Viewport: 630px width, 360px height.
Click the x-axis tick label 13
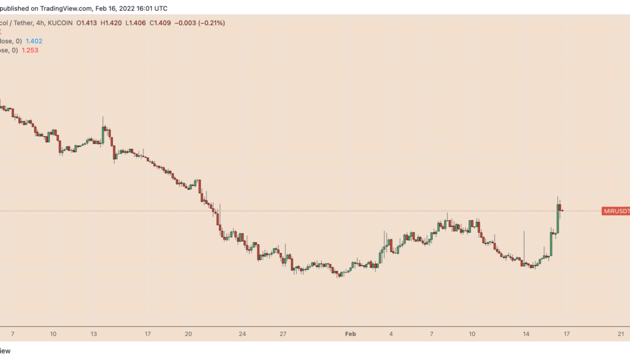tap(94, 334)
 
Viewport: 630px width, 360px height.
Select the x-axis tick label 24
tap(242, 334)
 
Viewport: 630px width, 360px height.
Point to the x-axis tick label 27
tap(283, 334)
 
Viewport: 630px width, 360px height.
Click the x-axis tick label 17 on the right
tap(566, 334)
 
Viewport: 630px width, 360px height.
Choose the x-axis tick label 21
tap(621, 334)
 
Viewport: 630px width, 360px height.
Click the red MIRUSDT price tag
tap(616, 211)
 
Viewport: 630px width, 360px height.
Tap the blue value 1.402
tap(34, 41)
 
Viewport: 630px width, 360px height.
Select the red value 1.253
tap(31, 50)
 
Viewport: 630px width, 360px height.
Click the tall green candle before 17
tap(558, 219)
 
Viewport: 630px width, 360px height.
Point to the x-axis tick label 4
tap(391, 334)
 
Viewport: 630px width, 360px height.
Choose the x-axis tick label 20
tap(188, 334)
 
